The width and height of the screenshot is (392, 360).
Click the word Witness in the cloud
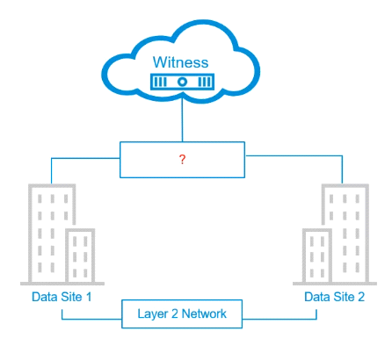tap(180, 62)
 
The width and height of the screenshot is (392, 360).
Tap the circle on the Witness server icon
tap(182, 82)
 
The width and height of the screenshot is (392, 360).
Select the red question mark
tap(182, 159)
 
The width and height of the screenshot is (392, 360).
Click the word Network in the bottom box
tap(204, 313)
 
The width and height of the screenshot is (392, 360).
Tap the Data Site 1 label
tap(62, 297)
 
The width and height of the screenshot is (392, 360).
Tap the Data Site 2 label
tap(334, 297)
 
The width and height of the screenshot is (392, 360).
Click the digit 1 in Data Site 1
tap(89, 297)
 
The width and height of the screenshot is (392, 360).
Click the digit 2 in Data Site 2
tap(361, 297)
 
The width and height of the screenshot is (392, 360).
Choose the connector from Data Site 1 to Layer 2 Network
tap(62, 319)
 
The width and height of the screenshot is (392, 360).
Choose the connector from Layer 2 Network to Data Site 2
tap(316, 319)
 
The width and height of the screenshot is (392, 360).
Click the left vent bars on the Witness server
tap(160, 82)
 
